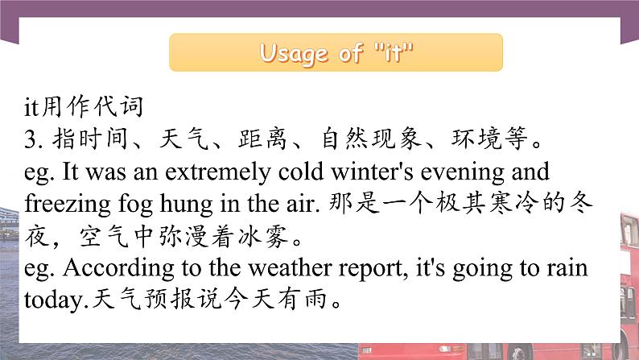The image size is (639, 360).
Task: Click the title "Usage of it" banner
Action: (336, 53)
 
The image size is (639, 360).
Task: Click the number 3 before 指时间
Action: (31, 139)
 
